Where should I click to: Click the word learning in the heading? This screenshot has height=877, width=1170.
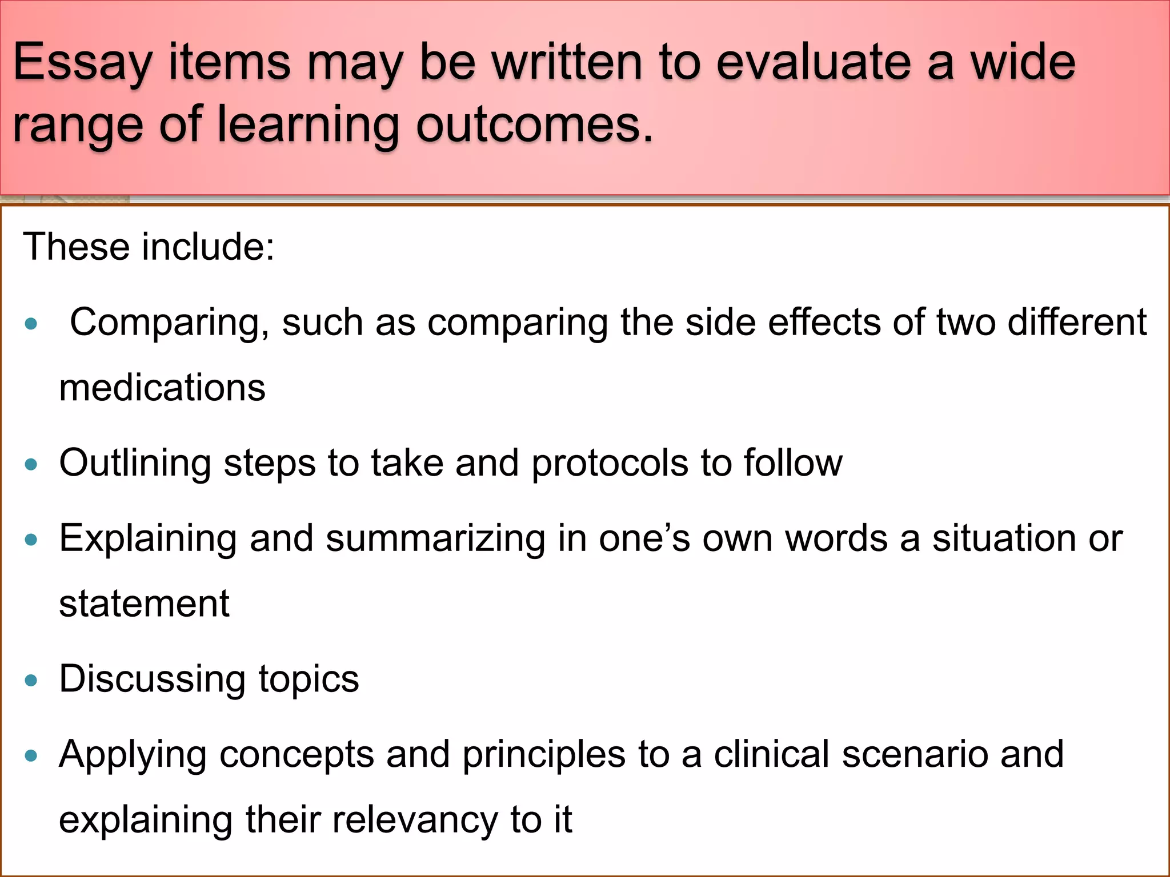[x=308, y=126]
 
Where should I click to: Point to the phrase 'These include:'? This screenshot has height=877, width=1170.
[x=149, y=247]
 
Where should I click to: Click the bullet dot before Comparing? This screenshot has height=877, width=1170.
[x=31, y=324]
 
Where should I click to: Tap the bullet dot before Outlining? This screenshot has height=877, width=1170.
[x=31, y=464]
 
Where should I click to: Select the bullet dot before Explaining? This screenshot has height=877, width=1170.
[x=31, y=540]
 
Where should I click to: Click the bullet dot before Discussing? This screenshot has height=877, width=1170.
[x=31, y=680]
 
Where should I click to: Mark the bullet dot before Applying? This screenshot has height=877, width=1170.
[x=31, y=756]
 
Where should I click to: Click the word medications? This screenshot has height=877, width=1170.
[x=162, y=388]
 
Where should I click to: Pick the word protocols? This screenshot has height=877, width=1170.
[x=610, y=462]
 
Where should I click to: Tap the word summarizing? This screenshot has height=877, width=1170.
[x=435, y=539]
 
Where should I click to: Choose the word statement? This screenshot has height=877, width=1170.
[x=144, y=604]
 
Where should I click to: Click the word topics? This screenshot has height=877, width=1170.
[x=308, y=679]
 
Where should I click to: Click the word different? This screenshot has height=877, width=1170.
[x=1077, y=322]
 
